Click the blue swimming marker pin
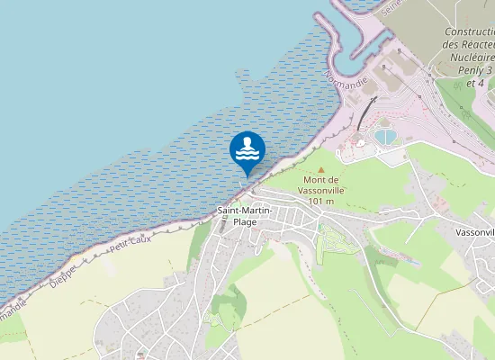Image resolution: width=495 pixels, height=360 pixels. tap(247, 150)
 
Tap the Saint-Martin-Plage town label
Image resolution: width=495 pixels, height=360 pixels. tap(245, 216)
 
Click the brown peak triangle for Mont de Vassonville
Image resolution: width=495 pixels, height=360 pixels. tap(320, 169)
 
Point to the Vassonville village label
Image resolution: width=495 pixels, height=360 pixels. tap(468, 230)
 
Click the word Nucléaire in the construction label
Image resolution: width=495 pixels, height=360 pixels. tap(470, 57)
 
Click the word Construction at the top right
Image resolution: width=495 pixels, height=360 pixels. tap(470, 31)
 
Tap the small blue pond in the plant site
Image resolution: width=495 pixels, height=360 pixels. tap(387, 137)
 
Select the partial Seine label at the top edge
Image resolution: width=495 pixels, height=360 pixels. tap(390, 6)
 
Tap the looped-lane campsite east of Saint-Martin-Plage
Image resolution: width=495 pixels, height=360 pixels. tap(335, 241)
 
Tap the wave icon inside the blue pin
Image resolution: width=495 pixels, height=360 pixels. tap(247, 148)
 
